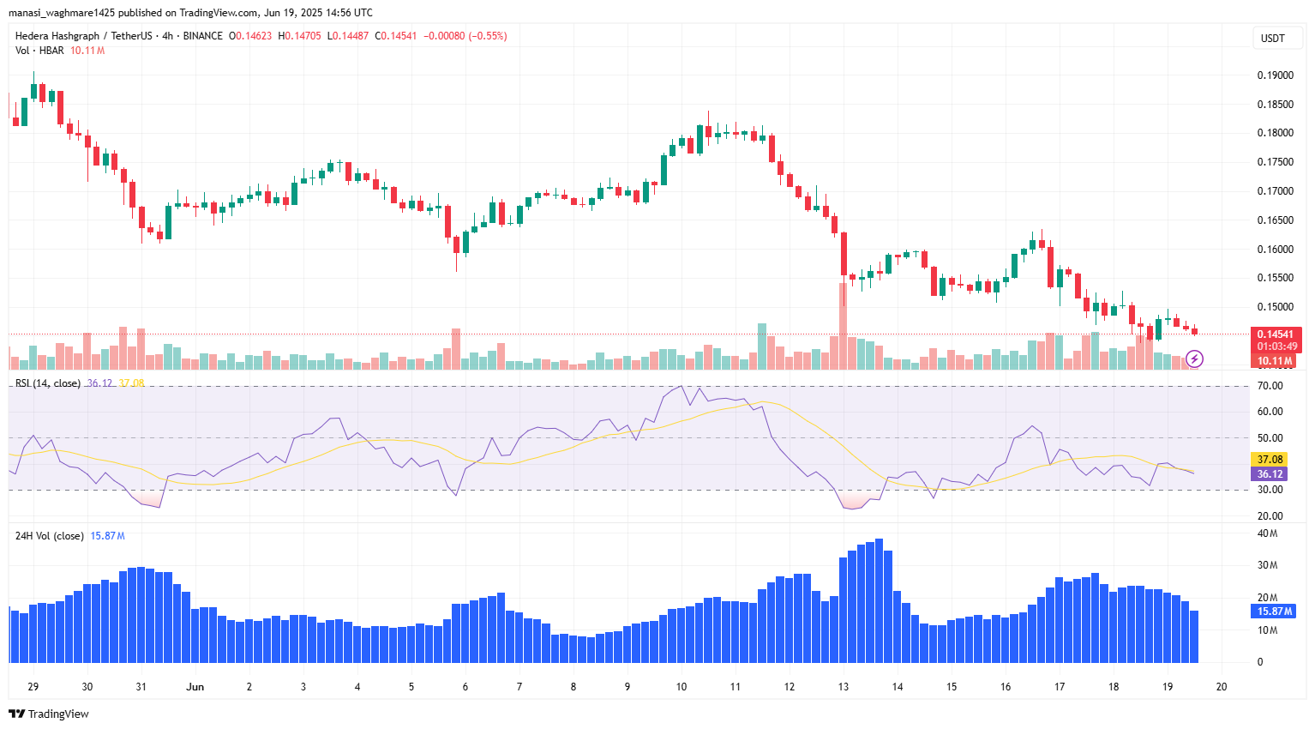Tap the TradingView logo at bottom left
click(49, 714)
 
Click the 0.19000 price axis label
click(1275, 75)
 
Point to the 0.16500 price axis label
click(1275, 220)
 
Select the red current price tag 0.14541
click(1275, 334)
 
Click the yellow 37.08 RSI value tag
click(1270, 460)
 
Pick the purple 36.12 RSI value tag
click(1270, 474)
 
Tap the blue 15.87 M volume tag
click(1274, 612)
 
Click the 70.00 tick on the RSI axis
click(1270, 386)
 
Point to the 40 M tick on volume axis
click(1267, 533)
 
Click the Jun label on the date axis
click(195, 687)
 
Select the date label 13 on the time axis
click(844, 687)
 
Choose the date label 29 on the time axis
click(33, 687)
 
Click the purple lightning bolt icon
click(1194, 358)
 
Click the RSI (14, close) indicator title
click(48, 383)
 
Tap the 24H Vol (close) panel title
click(50, 536)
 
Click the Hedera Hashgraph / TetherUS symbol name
click(83, 36)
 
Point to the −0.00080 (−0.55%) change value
click(465, 36)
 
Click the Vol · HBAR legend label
click(39, 51)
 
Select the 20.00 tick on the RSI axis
click(1270, 516)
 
